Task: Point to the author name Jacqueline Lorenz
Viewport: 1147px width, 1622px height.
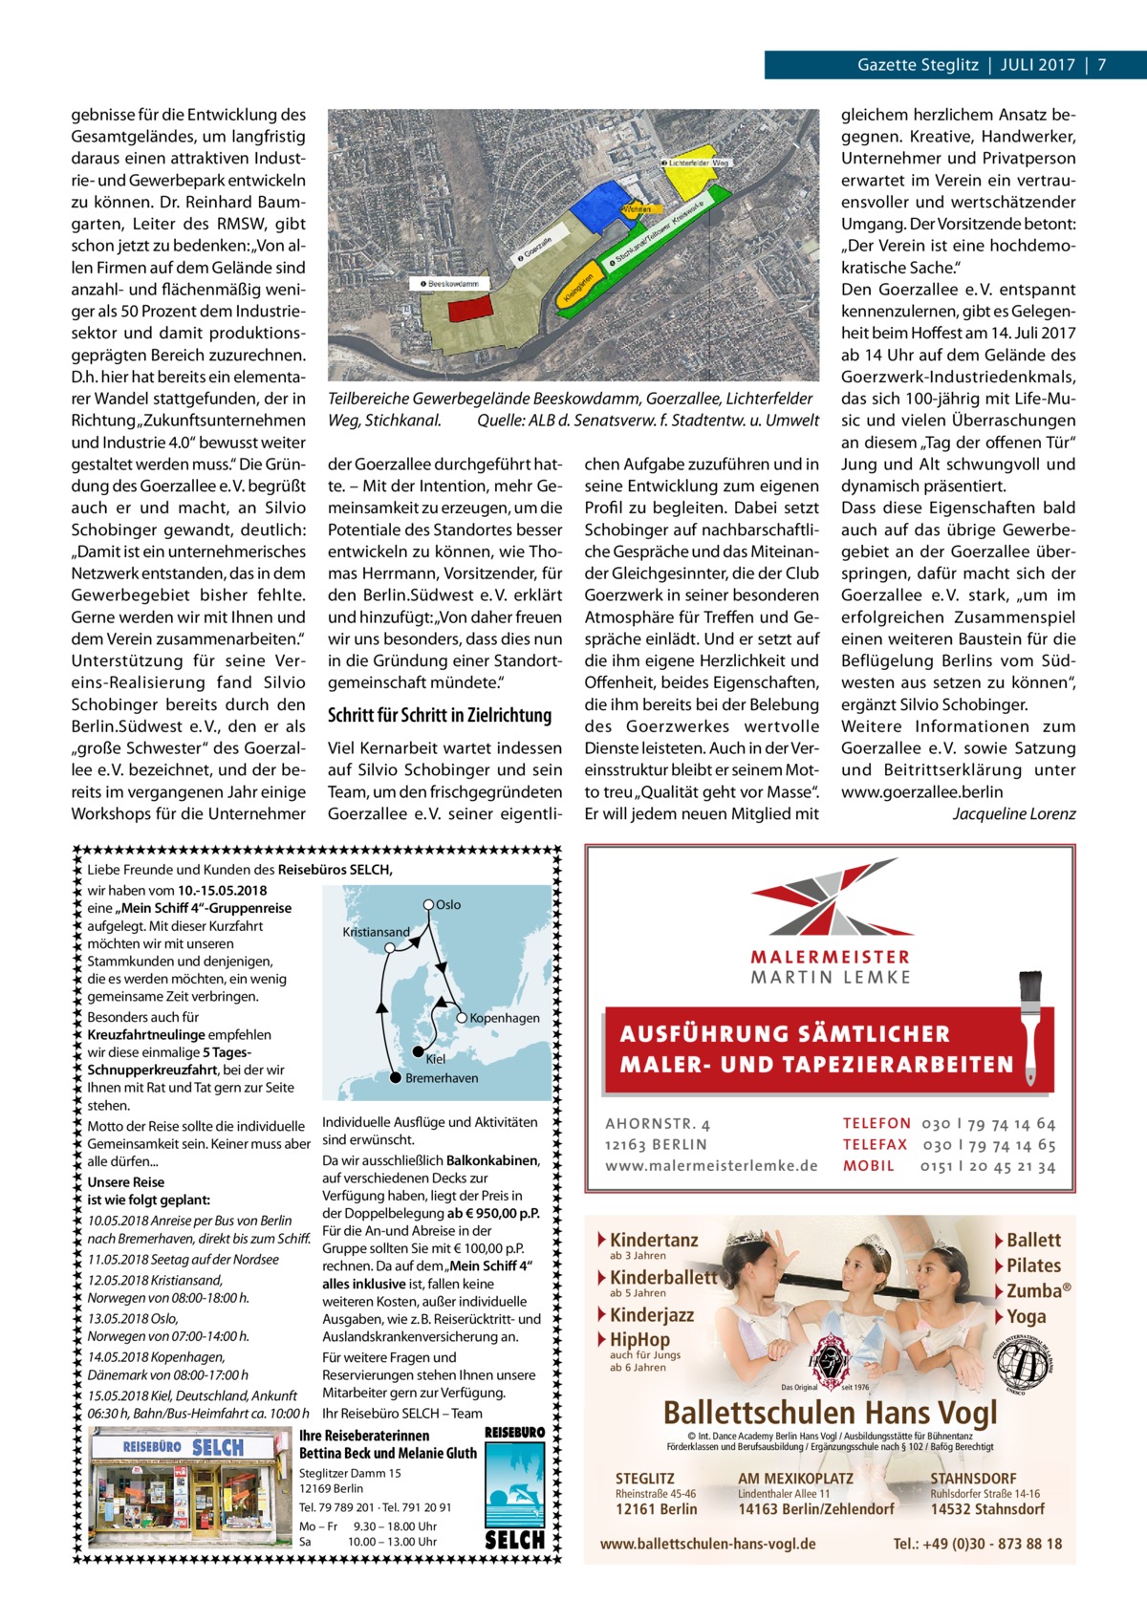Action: click(x=1014, y=813)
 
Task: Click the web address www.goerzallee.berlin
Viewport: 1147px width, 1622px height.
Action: click(x=922, y=791)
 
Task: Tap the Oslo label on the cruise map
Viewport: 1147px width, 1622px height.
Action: click(x=448, y=904)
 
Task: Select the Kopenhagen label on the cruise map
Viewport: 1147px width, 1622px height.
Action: click(x=505, y=1018)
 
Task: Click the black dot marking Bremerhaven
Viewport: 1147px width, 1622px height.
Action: click(x=395, y=1078)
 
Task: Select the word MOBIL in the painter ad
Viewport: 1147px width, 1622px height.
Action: click(x=869, y=1166)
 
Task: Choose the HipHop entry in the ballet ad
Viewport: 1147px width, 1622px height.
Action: click(x=639, y=1339)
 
